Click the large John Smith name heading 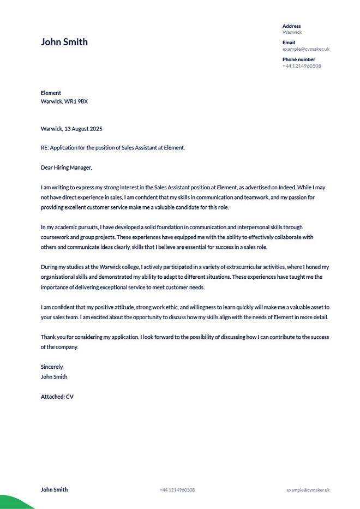tap(64, 42)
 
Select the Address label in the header tap(291, 26)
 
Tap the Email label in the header tap(289, 43)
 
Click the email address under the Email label tap(305, 49)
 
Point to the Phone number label tap(298, 59)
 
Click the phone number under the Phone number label tap(302, 66)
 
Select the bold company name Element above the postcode tap(51, 93)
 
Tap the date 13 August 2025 tap(83, 129)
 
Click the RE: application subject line tap(112, 147)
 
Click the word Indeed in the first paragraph tap(280, 187)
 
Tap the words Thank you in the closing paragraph tap(53, 337)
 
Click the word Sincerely tap(52, 367)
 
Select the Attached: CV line tap(57, 397)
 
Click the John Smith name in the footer tap(54, 489)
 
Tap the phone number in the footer tap(177, 490)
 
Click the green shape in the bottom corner tap(14, 503)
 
